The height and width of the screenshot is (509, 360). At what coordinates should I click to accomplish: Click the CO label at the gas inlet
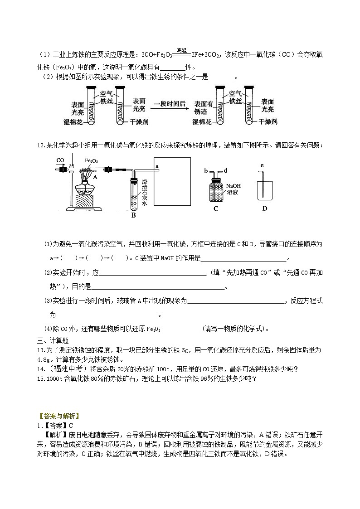click(60, 160)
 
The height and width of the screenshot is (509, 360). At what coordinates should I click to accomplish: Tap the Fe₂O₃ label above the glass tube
click(91, 160)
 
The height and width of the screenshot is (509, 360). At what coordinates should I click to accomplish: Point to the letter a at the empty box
click(157, 166)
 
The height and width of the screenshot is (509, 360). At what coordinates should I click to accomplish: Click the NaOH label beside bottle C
click(233, 185)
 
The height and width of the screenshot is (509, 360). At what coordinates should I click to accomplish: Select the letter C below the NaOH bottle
click(216, 208)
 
